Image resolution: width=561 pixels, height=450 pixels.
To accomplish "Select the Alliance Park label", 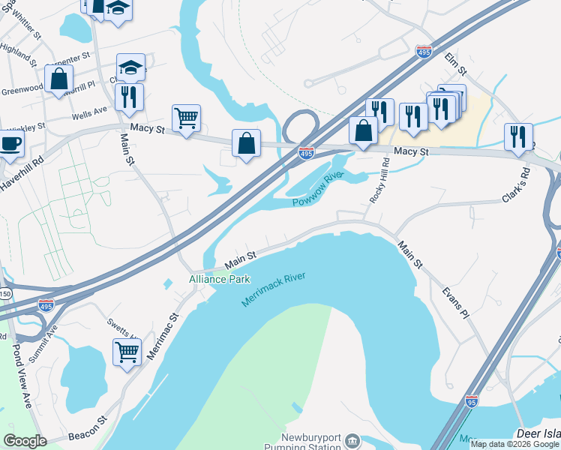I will coord(220,279).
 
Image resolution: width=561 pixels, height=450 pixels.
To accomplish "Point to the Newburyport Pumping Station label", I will coord(313,442).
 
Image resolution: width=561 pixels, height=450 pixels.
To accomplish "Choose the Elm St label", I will coord(456,64).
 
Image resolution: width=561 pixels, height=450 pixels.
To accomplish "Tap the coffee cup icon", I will coord(10,143).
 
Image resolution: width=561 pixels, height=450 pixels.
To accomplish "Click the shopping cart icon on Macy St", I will coord(186,117).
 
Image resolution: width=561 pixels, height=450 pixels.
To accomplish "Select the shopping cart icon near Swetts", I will coord(127,350).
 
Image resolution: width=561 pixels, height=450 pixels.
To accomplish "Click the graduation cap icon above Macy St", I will coord(130,67).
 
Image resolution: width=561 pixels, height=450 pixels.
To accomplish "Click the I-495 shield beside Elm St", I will coord(424,52).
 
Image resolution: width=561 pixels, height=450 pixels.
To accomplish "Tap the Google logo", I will coord(25,440).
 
